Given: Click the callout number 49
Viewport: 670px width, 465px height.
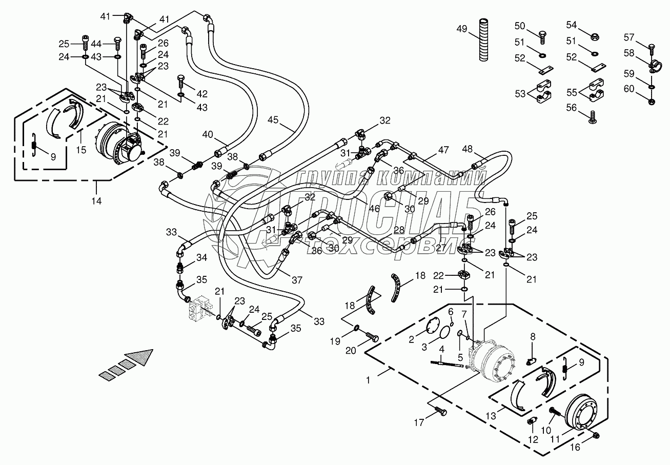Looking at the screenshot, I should click(x=461, y=29).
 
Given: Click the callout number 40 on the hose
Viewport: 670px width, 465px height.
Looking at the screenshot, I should click(x=207, y=134).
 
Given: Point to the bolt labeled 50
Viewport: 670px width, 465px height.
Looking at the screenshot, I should click(x=543, y=35).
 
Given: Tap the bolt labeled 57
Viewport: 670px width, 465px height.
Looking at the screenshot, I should click(x=652, y=48).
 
